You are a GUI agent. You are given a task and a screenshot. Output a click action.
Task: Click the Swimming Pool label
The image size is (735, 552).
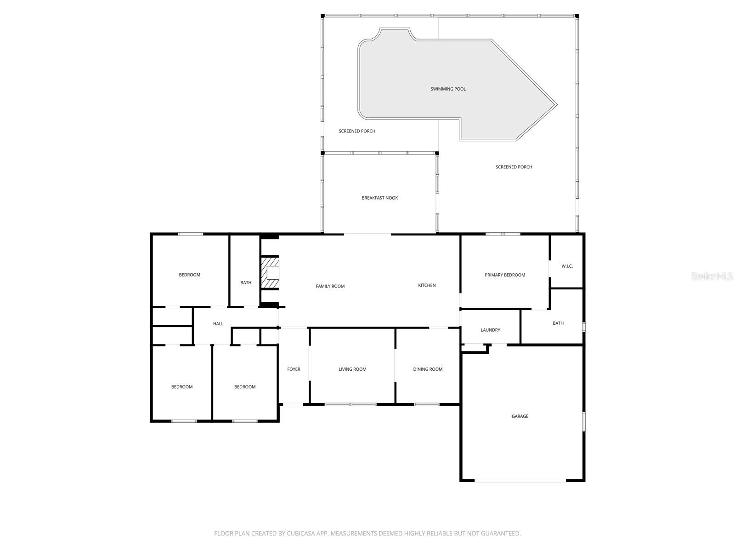tap(448, 89)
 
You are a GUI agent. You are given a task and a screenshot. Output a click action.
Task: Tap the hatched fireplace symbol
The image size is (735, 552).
tap(270, 273)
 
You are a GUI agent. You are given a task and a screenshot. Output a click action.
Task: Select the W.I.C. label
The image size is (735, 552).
tap(567, 266)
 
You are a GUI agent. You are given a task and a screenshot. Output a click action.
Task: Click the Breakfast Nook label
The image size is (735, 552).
tap(379, 198)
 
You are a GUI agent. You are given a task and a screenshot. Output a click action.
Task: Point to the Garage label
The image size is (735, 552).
tap(520, 416)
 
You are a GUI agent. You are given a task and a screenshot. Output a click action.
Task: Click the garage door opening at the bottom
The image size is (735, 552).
tap(520, 480)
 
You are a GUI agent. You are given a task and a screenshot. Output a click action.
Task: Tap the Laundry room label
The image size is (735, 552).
tap(490, 330)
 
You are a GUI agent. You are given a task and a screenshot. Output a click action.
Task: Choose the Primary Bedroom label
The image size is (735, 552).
tap(505, 275)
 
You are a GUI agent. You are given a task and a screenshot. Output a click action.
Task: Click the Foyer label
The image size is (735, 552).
tap(294, 369)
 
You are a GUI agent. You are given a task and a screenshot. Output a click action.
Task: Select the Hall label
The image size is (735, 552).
tap(218, 324)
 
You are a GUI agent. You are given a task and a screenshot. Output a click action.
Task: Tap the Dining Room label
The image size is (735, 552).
tap(428, 369)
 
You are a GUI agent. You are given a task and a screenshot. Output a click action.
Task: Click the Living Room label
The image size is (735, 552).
tap(352, 369)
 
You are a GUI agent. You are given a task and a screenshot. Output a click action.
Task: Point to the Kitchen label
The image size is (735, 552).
tap(427, 285)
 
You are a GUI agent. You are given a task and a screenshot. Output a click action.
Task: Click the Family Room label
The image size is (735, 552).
tap(330, 286)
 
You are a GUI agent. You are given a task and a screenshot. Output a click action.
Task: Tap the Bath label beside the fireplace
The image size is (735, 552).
tap(246, 282)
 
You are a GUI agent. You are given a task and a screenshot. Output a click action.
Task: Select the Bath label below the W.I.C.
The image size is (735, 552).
tap(558, 323)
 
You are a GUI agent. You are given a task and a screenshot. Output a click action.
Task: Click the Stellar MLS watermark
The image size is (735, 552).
tap(712, 276)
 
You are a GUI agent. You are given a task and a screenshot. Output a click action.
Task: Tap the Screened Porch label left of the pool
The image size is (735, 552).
tap(357, 131)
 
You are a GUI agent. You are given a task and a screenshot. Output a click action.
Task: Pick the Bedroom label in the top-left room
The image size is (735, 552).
tap(189, 275)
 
